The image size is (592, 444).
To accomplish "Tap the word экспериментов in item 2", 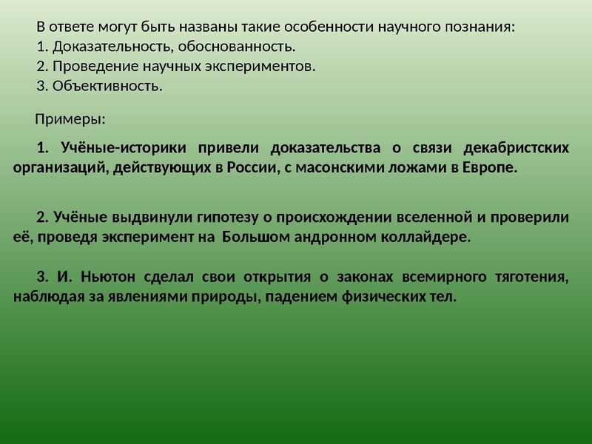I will click(258, 67).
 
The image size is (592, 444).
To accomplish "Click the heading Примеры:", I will click(70, 118).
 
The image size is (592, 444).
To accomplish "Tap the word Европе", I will click(488, 166).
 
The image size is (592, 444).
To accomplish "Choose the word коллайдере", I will click(423, 238).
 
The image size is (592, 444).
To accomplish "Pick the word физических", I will click(376, 297).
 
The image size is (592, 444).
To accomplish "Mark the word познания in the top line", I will click(477, 27).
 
